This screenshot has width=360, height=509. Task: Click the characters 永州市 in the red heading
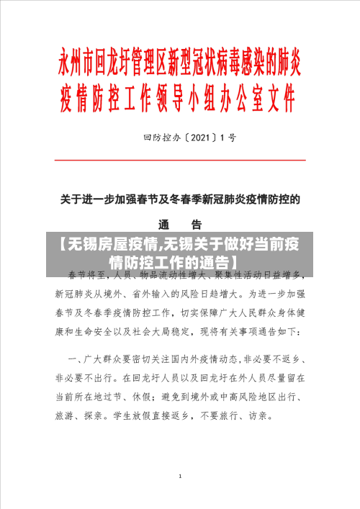pyautogui.click(x=76, y=64)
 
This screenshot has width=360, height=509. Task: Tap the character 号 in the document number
pyautogui.click(x=232, y=135)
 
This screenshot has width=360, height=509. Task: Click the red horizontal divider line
pyautogui.click(x=181, y=161)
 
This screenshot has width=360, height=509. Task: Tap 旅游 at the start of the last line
pyautogui.click(x=66, y=416)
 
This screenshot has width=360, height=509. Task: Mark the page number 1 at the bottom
pyautogui.click(x=180, y=476)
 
